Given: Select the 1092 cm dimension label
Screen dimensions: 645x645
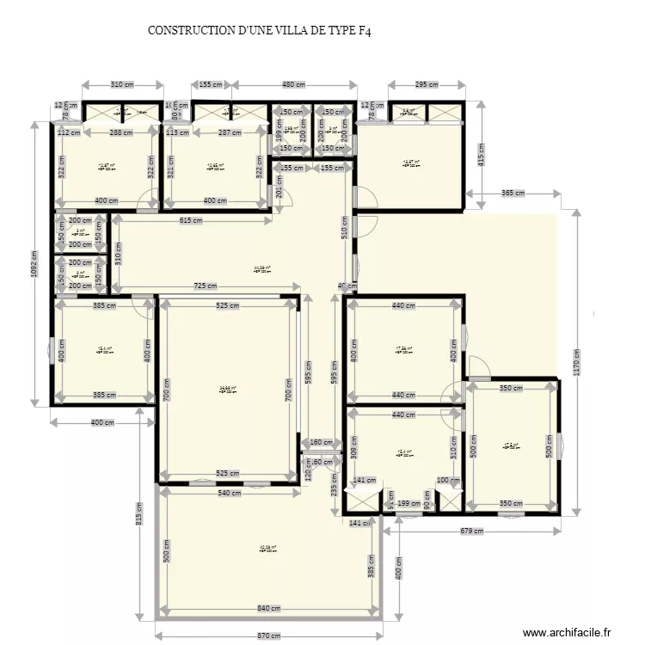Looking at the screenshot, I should [34, 262].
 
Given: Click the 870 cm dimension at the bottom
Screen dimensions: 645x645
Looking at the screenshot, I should [268, 636].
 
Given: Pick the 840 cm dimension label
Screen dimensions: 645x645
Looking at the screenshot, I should [268, 609].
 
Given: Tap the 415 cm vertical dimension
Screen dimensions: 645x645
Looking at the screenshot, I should [481, 155].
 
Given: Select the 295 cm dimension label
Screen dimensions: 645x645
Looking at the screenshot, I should [427, 84].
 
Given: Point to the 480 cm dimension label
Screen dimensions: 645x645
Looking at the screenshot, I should [293, 84].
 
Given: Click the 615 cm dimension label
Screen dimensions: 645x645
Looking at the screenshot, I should [191, 221].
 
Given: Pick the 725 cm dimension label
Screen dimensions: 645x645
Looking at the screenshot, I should [205, 286].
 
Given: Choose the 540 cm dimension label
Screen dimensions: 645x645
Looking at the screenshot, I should [229, 493].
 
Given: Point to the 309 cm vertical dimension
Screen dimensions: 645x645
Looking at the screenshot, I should [352, 447].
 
